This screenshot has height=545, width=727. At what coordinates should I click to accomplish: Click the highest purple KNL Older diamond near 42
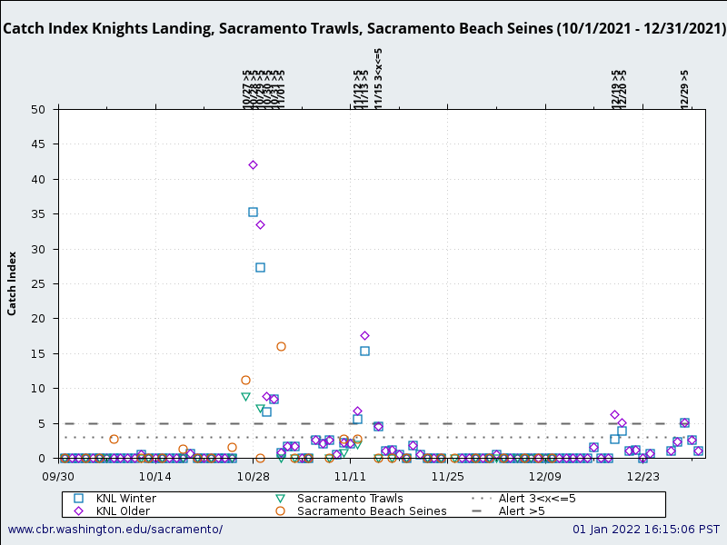[x=253, y=164]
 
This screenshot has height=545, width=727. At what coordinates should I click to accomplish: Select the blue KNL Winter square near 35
[x=253, y=212]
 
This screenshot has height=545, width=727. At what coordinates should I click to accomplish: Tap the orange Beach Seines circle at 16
[x=281, y=346]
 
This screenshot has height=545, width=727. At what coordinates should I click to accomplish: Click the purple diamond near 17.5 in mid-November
[x=364, y=335]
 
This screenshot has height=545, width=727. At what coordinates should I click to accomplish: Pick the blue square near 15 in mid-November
[x=364, y=351]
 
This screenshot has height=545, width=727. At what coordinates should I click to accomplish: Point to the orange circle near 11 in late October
[x=245, y=380]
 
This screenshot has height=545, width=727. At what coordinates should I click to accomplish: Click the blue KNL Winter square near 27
[x=260, y=267]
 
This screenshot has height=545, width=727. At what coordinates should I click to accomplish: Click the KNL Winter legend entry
[x=125, y=499]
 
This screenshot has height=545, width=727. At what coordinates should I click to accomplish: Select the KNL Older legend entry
[x=123, y=511]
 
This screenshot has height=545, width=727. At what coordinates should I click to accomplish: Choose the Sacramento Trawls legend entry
[x=350, y=499]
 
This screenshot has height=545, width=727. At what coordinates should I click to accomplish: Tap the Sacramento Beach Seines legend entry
[x=372, y=511]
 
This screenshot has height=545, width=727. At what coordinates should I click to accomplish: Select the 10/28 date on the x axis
[x=253, y=475]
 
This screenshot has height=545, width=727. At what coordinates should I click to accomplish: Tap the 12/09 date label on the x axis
[x=544, y=475]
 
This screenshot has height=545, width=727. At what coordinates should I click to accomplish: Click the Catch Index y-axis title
[x=13, y=283]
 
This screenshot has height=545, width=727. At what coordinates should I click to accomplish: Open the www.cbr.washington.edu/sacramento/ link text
[x=115, y=530]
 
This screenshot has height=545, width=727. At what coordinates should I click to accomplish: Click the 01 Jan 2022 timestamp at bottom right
[x=645, y=530]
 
